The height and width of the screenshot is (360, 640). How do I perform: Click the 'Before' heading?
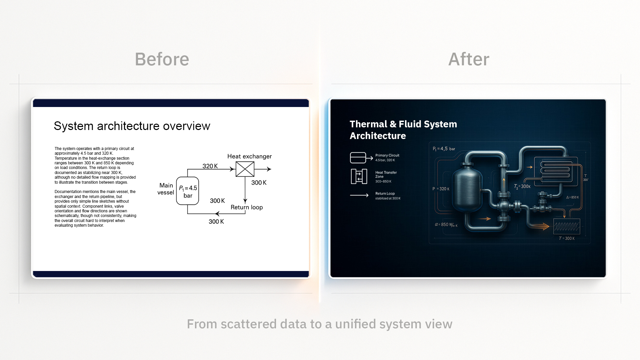pyautogui.click(x=162, y=59)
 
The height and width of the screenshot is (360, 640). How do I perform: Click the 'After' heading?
pyautogui.click(x=469, y=59)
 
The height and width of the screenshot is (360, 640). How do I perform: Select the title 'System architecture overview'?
pyautogui.click(x=132, y=126)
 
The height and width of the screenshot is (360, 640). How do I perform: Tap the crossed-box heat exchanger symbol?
pyautogui.click(x=245, y=169)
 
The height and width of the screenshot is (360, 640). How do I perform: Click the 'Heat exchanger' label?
pyautogui.click(x=249, y=156)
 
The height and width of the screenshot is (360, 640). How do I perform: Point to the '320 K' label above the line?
pyautogui.click(x=210, y=166)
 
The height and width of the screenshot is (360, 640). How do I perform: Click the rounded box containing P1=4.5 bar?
pyautogui.click(x=188, y=191)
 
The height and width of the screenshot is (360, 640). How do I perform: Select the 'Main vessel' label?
pyautogui.click(x=166, y=189)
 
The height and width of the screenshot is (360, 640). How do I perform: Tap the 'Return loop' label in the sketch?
pyautogui.click(x=247, y=207)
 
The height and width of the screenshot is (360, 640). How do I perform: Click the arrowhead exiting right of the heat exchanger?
pyautogui.click(x=269, y=169)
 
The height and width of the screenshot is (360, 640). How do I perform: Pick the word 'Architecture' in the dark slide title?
pyautogui.click(x=378, y=136)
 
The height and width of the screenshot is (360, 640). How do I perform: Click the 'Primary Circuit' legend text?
pyautogui.click(x=387, y=155)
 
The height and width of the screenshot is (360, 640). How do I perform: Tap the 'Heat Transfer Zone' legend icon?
pyautogui.click(x=359, y=176)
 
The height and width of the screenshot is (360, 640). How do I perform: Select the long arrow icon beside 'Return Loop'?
pyautogui.click(x=359, y=195)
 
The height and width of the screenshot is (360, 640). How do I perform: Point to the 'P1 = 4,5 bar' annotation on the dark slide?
pyautogui.click(x=444, y=149)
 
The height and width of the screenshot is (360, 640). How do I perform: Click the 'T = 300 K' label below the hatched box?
pyautogui.click(x=567, y=238)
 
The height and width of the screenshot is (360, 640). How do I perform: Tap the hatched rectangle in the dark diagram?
pyautogui.click(x=567, y=226)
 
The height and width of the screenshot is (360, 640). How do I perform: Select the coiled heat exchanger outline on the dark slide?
pyautogui.click(x=555, y=170)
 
